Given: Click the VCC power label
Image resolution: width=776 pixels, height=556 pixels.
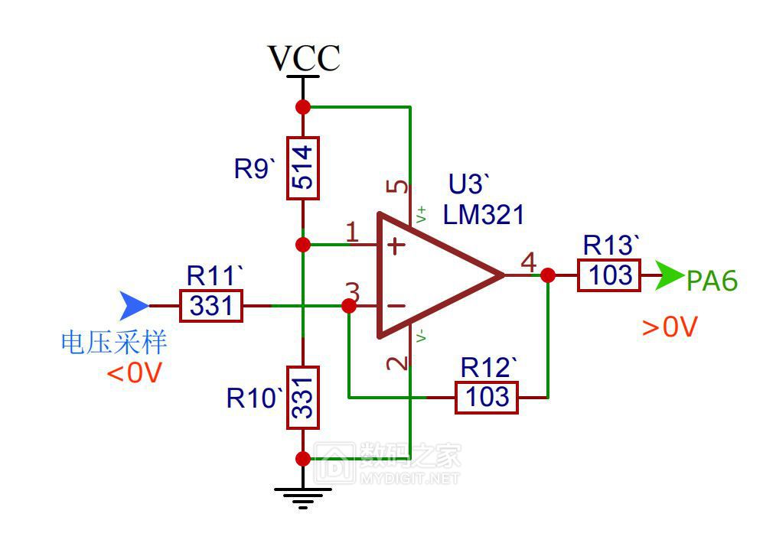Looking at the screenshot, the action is click(x=304, y=58).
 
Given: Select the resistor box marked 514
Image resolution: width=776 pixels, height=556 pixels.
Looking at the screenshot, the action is click(x=303, y=168).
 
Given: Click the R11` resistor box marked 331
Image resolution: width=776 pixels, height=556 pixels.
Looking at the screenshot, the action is click(x=210, y=306).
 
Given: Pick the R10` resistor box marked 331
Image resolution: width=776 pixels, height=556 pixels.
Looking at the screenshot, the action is click(x=303, y=398).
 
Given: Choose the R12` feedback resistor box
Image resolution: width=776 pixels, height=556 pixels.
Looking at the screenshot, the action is click(x=487, y=397).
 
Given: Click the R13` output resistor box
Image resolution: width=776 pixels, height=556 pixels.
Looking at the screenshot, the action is click(x=609, y=275).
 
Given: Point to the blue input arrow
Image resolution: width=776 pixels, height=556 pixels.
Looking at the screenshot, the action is click(x=132, y=306).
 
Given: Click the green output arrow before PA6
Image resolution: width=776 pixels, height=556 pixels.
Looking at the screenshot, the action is click(x=670, y=275).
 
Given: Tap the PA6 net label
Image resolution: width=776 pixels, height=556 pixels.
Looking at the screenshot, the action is click(x=712, y=281).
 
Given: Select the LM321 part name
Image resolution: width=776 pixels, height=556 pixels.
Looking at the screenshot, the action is click(x=484, y=215).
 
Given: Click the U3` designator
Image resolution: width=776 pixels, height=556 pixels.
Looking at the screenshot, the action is click(x=468, y=184).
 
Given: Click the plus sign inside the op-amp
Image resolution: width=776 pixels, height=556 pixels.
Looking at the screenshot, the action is click(x=396, y=245).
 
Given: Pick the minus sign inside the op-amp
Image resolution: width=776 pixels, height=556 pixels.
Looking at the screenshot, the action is click(x=396, y=306).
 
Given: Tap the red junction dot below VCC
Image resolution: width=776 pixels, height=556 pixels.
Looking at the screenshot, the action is click(x=303, y=107).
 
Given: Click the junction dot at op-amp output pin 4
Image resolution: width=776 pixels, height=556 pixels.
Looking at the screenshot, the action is click(x=548, y=275).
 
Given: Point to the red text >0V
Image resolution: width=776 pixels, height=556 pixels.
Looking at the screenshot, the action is click(x=670, y=327).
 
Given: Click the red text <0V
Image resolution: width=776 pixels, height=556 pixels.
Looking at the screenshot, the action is click(x=135, y=372).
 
